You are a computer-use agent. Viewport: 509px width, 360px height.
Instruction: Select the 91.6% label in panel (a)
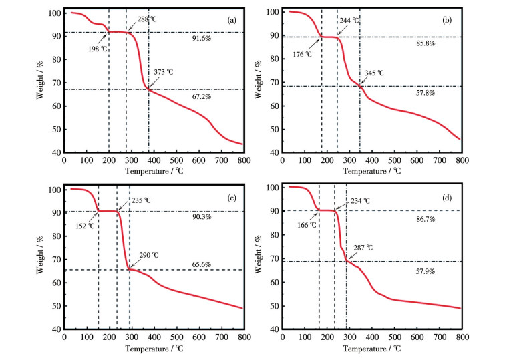(202, 38)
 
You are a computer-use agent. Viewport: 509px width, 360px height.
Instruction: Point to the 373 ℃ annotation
(162, 72)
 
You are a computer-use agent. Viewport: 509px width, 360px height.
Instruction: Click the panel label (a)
(231, 19)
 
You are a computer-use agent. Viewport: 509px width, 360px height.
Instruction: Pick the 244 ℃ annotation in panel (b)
(349, 21)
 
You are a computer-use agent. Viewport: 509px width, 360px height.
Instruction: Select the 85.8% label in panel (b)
(423, 43)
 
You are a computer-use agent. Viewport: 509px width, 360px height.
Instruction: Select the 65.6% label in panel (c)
(201, 264)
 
